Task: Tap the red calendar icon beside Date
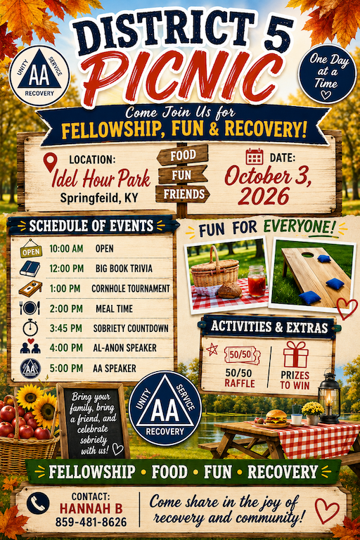click(255, 157)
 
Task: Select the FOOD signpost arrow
click(183, 155)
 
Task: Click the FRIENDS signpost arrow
click(183, 194)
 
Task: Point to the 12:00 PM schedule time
click(67, 269)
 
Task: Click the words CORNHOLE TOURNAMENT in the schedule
click(131, 288)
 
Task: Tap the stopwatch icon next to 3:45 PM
click(30, 327)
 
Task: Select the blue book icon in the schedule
click(30, 269)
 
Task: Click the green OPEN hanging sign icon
click(31, 249)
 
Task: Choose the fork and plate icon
click(30, 307)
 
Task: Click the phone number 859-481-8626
click(91, 522)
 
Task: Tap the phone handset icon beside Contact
click(38, 503)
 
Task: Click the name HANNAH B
click(91, 508)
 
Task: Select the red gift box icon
click(295, 354)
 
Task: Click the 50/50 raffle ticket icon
click(242, 355)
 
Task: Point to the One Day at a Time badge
click(326, 74)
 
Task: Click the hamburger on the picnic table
click(276, 417)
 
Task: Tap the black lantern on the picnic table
click(329, 397)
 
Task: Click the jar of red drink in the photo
click(257, 281)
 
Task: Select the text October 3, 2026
click(268, 186)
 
